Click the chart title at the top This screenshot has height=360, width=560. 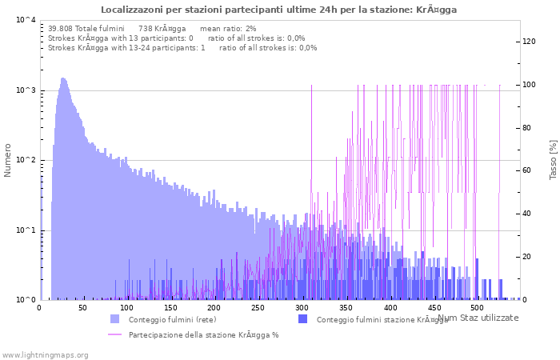pos(279,10)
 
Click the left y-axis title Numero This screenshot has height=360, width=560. pos(8,160)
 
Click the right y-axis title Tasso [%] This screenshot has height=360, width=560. pos(553,159)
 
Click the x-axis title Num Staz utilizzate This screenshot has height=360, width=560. pos(478,318)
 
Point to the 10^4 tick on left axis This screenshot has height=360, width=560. pos(25,21)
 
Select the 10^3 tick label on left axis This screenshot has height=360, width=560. pos(25,90)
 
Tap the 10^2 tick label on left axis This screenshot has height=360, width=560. pos(25,161)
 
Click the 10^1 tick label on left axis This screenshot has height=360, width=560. pos(25,230)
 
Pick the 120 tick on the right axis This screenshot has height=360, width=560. pos(529,42)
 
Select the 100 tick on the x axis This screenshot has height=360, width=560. pos(127,307)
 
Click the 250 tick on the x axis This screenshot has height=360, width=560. pos(258,307)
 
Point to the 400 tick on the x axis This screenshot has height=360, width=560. pos(390,307)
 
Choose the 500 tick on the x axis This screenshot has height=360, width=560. pos(477,307)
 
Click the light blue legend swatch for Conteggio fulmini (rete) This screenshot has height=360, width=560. pos(115,319)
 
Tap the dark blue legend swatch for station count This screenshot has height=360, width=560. pos(303,319)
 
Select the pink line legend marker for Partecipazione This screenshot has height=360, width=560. pos(115,334)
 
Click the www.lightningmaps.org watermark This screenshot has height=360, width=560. pos(45,354)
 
